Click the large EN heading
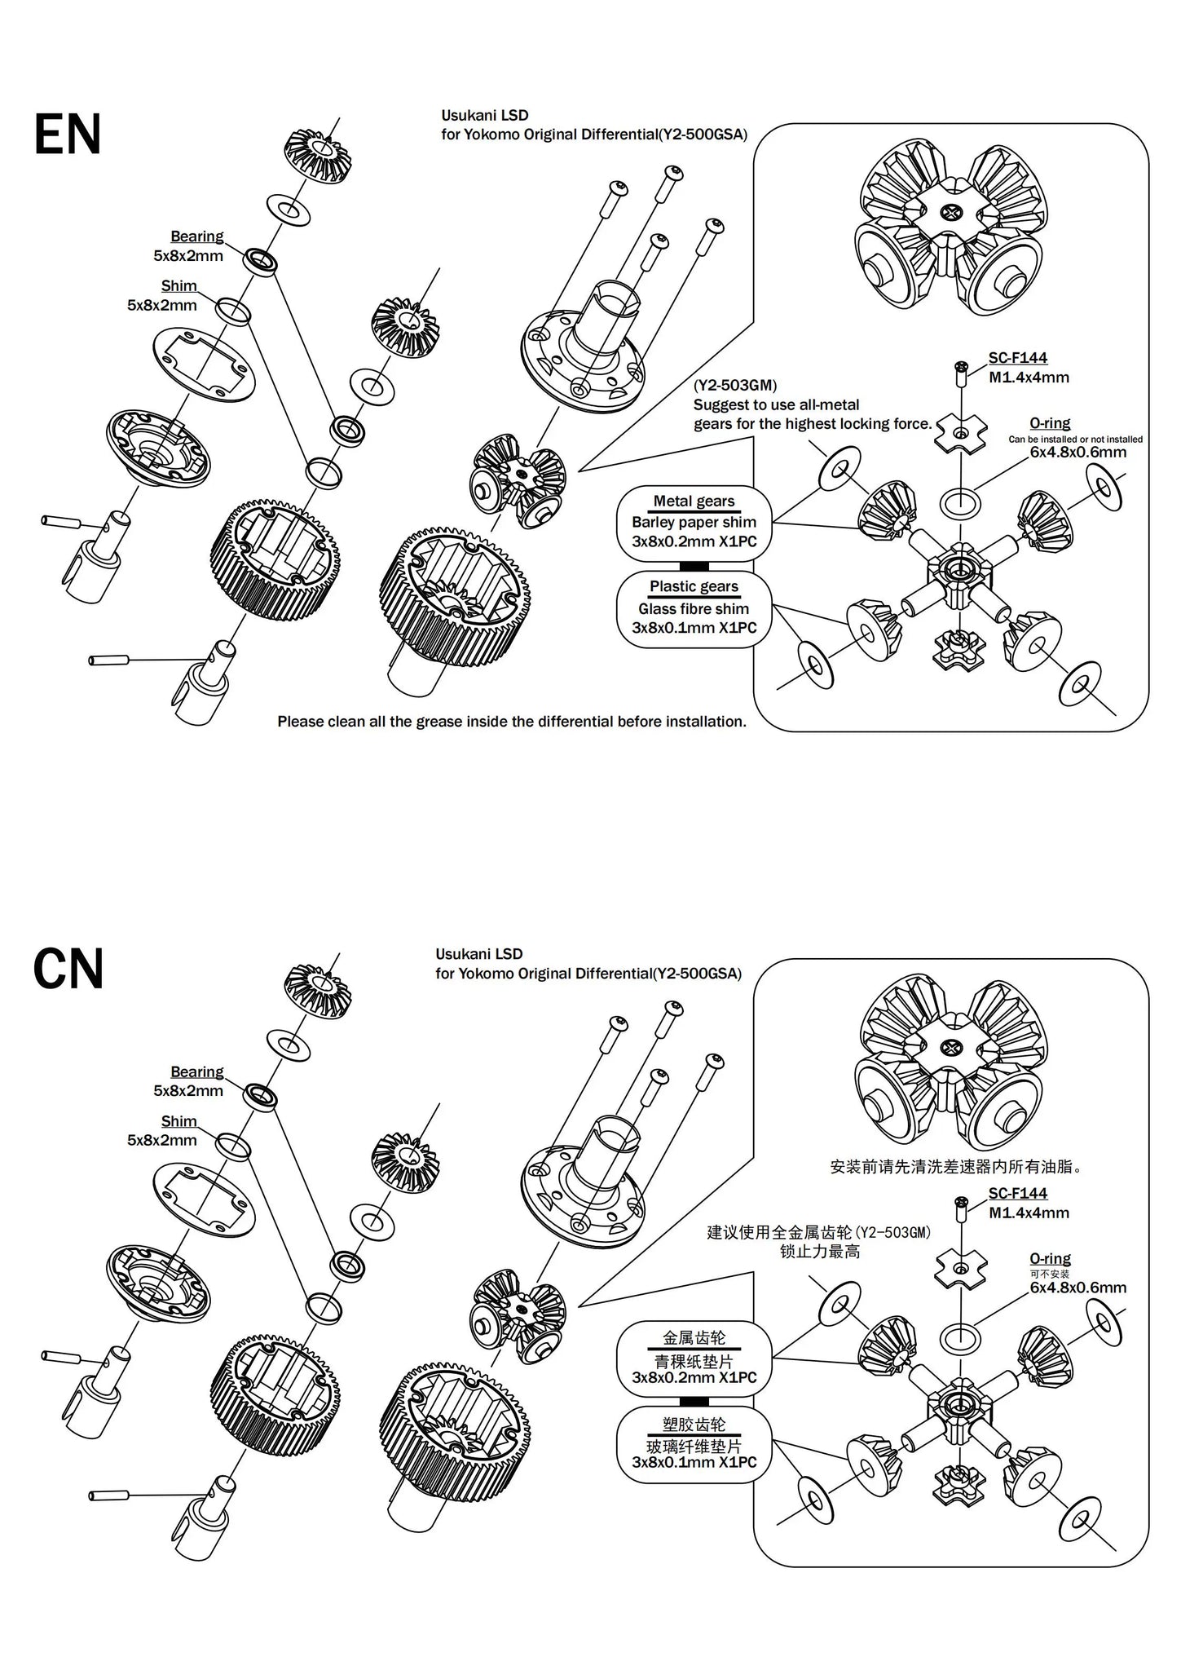pyautogui.click(x=68, y=135)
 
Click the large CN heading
pyautogui.click(x=68, y=970)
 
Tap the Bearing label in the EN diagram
pyautogui.click(x=196, y=236)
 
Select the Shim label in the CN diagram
pyautogui.click(x=178, y=1121)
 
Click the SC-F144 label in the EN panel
pyautogui.click(x=1017, y=358)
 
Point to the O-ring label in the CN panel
pyautogui.click(x=1050, y=1258)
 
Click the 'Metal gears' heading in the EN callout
pyautogui.click(x=694, y=501)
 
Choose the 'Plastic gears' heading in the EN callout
pyautogui.click(x=694, y=587)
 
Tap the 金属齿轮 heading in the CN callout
pyautogui.click(x=694, y=1337)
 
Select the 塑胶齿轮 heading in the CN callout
pyautogui.click(x=694, y=1424)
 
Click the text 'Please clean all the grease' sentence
pyautogui.click(x=512, y=722)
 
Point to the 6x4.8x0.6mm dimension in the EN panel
pyautogui.click(x=1077, y=453)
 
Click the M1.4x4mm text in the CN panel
pyautogui.click(x=1029, y=1213)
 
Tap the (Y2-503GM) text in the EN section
pyautogui.click(x=735, y=386)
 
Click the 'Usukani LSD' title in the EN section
pyautogui.click(x=484, y=116)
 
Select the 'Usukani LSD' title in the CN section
pyautogui.click(x=478, y=954)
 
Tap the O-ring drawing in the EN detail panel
pyautogui.click(x=960, y=503)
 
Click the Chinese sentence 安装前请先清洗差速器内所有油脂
pyautogui.click(x=956, y=1167)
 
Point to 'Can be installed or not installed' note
pyautogui.click(x=1075, y=439)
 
